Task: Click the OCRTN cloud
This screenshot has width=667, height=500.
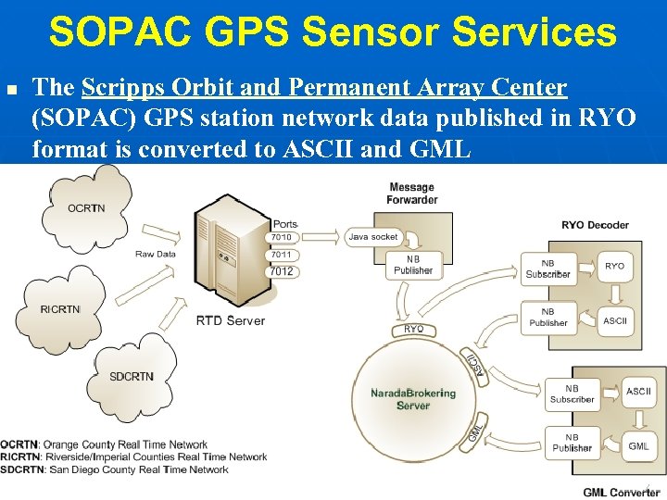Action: [85, 208]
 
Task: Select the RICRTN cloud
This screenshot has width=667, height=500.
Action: [60, 308]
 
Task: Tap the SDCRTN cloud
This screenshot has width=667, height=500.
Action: [132, 377]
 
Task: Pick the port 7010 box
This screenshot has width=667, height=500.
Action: [282, 237]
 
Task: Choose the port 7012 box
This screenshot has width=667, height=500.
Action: [282, 271]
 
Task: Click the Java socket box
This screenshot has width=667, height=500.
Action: [372, 237]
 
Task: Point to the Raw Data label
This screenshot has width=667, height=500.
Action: [156, 254]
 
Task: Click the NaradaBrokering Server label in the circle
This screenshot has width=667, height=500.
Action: [413, 399]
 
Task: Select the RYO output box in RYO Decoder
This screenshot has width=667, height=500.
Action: [614, 266]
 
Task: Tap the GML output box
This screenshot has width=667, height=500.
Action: [638, 446]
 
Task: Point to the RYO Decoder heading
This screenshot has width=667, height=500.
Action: [595, 224]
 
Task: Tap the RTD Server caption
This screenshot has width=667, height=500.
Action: [230, 321]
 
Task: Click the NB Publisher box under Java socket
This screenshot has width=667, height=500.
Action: [412, 265]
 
